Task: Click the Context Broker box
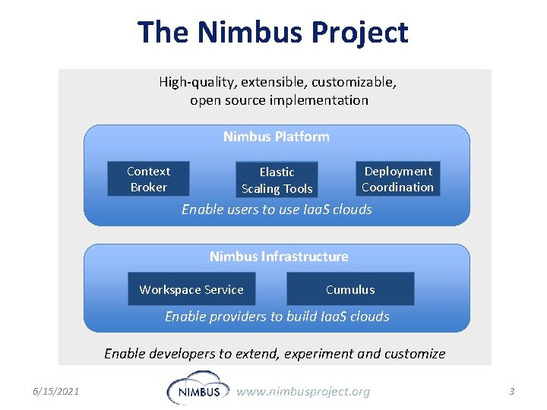148,179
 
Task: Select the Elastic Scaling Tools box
277,181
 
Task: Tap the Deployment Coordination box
397,179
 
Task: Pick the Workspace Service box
191,289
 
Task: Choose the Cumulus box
350,289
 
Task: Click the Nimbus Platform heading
276,137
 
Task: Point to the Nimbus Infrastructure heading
279,257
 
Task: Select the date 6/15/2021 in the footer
56,392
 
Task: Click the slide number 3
511,392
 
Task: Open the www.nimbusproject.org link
303,392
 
